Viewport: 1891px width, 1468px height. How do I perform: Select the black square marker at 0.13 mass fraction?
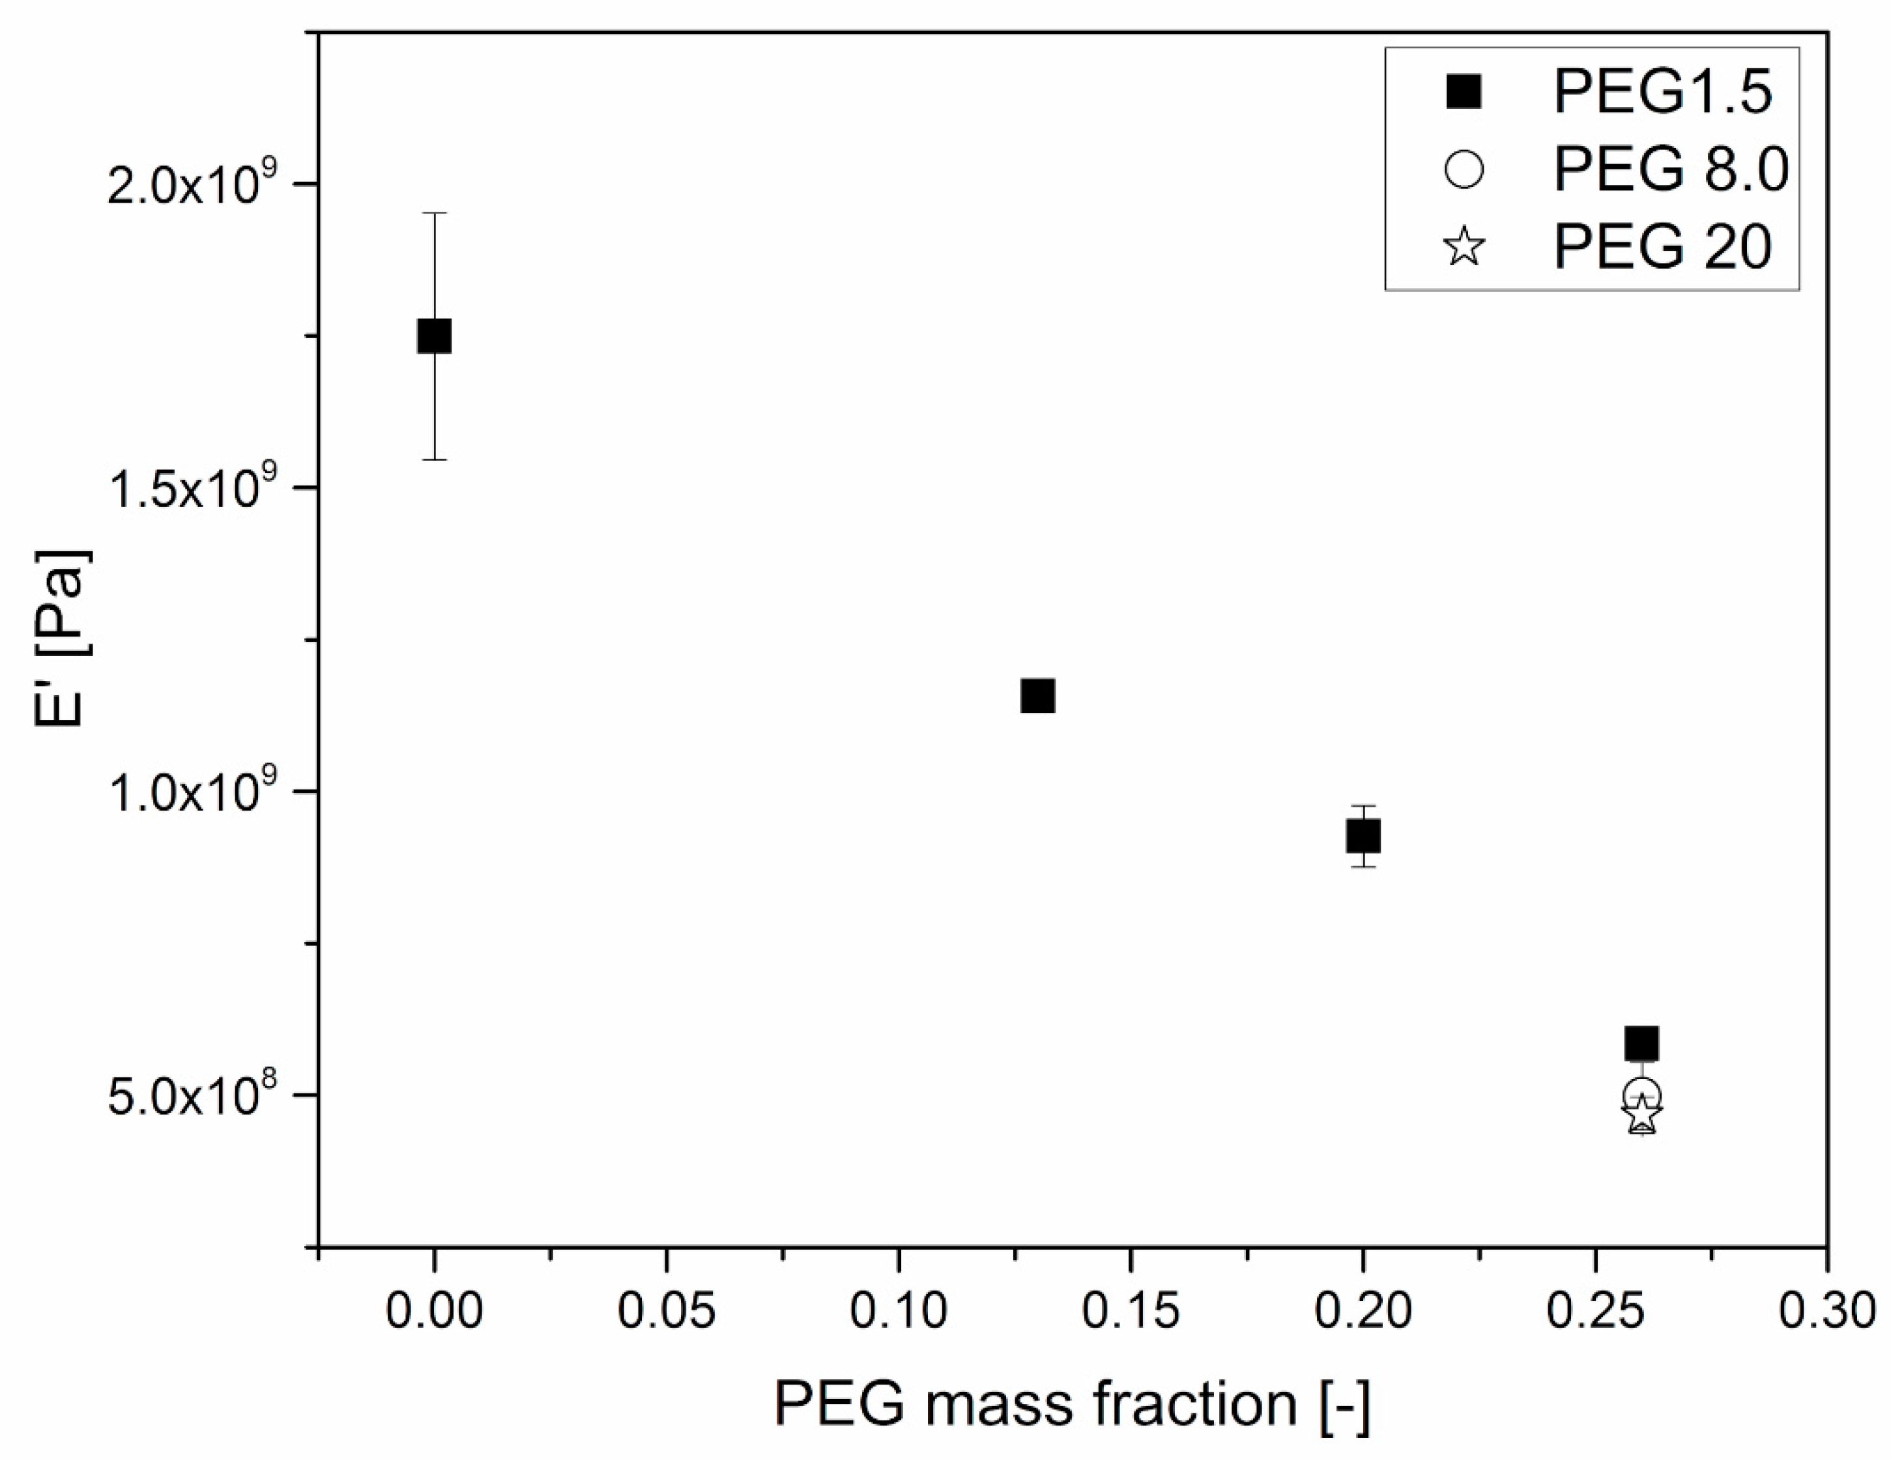point(1037,695)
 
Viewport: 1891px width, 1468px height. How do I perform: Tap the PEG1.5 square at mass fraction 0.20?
point(1363,836)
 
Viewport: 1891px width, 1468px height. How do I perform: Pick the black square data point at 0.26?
point(1641,1043)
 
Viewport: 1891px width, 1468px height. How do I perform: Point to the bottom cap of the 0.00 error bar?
point(434,459)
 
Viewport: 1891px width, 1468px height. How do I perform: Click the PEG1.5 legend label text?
point(1662,92)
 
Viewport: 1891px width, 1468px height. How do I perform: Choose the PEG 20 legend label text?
point(1662,247)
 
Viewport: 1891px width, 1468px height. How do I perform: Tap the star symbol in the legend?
point(1464,247)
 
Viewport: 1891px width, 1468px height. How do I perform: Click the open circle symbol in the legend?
point(1464,169)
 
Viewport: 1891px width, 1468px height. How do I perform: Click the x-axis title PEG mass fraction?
point(1071,1404)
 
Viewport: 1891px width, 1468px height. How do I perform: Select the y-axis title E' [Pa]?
point(61,639)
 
